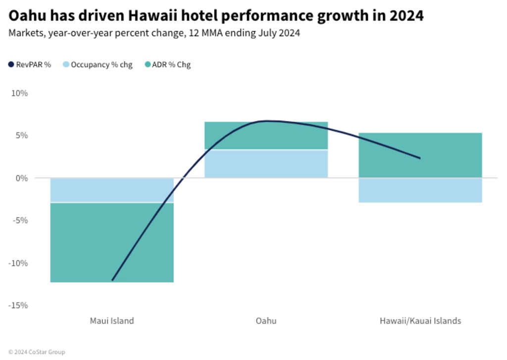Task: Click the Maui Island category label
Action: coord(112,321)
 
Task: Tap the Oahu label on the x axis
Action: coord(266,321)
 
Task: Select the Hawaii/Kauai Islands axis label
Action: coord(420,321)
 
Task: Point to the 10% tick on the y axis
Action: coord(20,93)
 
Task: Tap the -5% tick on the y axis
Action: coord(20,220)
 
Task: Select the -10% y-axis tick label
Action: coord(18,263)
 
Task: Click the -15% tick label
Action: coord(18,305)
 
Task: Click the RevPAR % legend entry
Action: coord(30,65)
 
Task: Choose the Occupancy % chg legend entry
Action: coord(98,65)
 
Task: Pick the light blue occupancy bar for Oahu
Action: coord(266,163)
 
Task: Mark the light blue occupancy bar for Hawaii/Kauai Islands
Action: coord(420,190)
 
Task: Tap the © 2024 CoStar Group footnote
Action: coord(37,352)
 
